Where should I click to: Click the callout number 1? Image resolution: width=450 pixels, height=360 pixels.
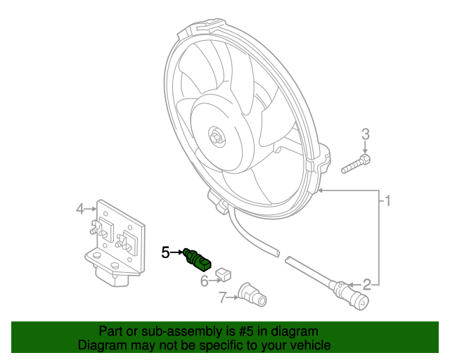[387, 201]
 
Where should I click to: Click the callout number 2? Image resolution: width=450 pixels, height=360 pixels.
[366, 284]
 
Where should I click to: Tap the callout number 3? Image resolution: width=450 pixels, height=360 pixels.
[365, 134]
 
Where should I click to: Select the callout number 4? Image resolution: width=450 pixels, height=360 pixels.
[80, 208]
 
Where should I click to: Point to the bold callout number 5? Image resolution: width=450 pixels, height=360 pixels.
[165, 251]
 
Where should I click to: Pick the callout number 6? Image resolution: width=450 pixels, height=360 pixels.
[205, 281]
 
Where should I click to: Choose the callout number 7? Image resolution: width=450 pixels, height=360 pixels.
[222, 298]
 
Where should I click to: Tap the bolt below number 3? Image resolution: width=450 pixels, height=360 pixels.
[356, 166]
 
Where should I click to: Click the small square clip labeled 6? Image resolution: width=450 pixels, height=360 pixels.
[224, 271]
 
